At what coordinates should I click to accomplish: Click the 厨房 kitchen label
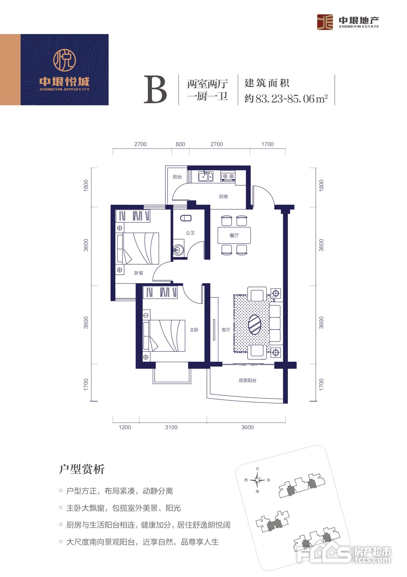click(x=224, y=197)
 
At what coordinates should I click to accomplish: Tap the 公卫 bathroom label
click(x=190, y=233)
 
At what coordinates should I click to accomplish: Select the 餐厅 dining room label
click(x=234, y=235)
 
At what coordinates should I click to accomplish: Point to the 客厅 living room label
click(x=226, y=330)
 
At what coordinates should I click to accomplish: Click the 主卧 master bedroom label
click(x=194, y=330)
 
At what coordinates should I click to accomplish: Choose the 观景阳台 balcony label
click(x=247, y=380)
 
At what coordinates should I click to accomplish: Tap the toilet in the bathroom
click(x=186, y=218)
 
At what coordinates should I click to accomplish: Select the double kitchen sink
click(x=206, y=177)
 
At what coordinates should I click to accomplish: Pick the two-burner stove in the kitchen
click(x=228, y=176)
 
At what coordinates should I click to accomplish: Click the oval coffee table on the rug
click(x=255, y=325)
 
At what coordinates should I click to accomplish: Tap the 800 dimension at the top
click(x=180, y=144)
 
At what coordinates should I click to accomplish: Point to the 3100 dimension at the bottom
click(x=171, y=427)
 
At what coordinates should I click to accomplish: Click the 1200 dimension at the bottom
click(x=125, y=427)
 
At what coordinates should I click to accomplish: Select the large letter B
click(x=155, y=89)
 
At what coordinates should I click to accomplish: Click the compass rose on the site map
click(x=257, y=480)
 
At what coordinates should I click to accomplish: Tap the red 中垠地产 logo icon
click(x=325, y=22)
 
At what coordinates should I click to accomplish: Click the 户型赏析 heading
click(x=82, y=469)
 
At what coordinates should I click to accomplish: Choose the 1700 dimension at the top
click(x=268, y=144)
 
